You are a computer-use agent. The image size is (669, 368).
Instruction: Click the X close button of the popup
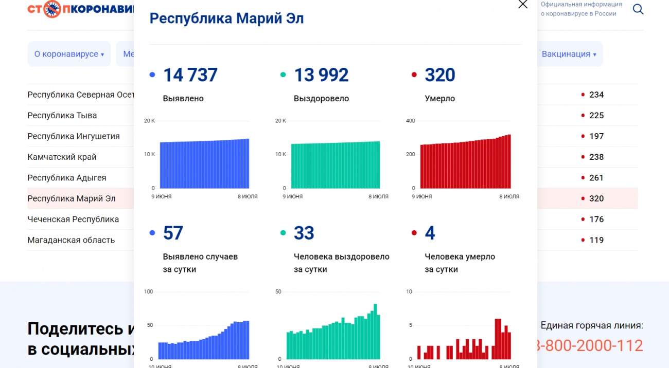point(522,5)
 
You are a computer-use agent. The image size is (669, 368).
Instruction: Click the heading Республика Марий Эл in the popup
point(226,19)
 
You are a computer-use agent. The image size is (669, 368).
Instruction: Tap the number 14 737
point(190,75)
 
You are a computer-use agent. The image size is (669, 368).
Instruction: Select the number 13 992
point(321,75)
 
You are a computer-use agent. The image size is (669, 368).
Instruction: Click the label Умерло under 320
point(439,99)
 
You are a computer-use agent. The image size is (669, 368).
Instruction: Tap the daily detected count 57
point(173,233)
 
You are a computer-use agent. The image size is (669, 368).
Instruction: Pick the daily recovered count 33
point(304,233)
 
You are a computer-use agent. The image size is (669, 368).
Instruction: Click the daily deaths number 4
point(430,233)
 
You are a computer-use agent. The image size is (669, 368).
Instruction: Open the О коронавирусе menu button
point(69,54)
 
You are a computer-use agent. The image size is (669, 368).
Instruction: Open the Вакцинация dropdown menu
point(569,54)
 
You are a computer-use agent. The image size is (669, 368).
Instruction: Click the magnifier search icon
point(638,9)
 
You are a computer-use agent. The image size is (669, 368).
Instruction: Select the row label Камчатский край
point(62,157)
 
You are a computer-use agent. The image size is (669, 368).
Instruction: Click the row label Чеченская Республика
point(73,219)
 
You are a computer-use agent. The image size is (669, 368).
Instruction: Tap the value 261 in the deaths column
point(596,178)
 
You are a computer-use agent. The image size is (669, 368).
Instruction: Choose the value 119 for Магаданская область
point(596,240)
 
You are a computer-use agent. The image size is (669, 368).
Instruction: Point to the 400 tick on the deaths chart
point(410,121)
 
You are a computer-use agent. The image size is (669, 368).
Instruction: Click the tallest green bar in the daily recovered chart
point(375,332)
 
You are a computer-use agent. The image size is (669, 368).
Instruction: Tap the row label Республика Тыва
point(62,116)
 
